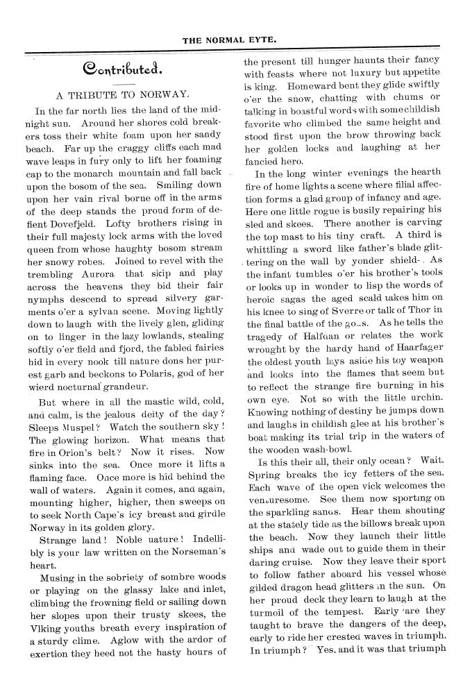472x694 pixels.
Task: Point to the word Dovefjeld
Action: tap(77, 223)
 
